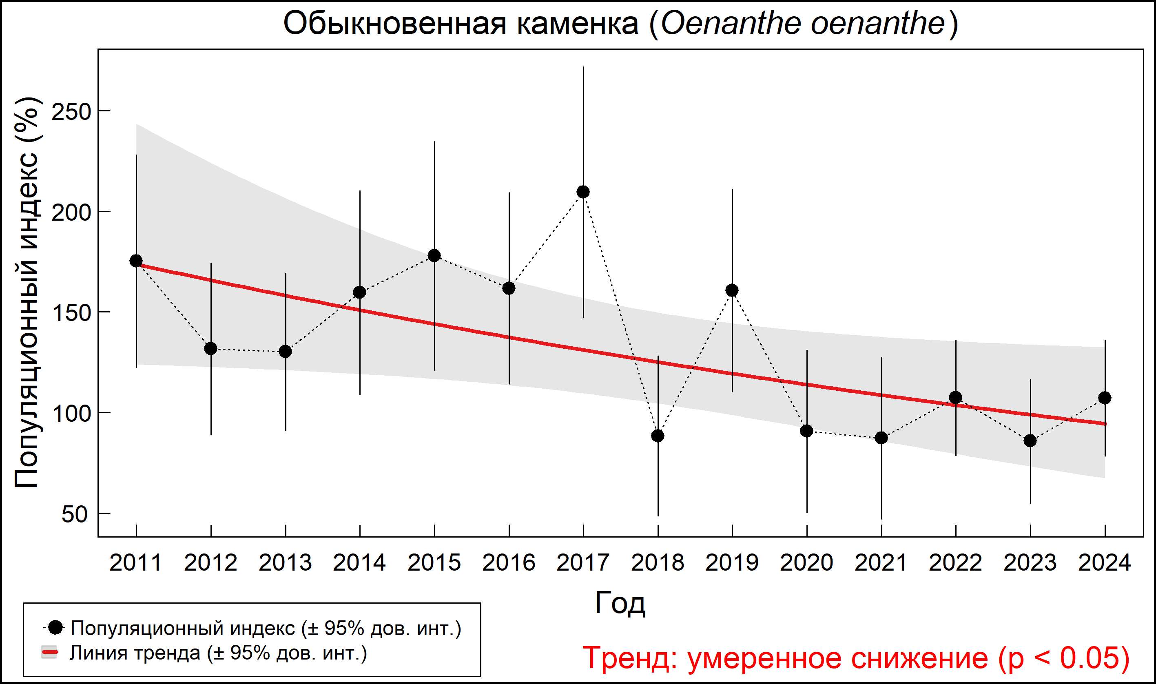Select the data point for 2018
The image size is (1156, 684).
pyautogui.click(x=658, y=436)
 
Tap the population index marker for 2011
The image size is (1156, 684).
pyautogui.click(x=136, y=261)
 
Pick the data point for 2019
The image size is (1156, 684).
pyautogui.click(x=732, y=290)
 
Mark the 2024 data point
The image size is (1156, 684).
pyautogui.click(x=1105, y=398)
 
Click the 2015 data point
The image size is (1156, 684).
pyautogui.click(x=434, y=255)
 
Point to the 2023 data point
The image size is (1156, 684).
pyautogui.click(x=1030, y=441)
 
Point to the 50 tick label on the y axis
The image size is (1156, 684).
pyautogui.click(x=74, y=514)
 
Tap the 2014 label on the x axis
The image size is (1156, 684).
pyautogui.click(x=359, y=563)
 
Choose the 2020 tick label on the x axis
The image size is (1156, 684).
pyautogui.click(x=806, y=563)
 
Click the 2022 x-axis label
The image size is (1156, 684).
pyautogui.click(x=955, y=563)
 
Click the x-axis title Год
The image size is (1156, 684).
pyautogui.click(x=620, y=602)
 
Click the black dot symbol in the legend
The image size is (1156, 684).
pyautogui.click(x=56, y=627)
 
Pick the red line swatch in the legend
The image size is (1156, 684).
pyautogui.click(x=49, y=653)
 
